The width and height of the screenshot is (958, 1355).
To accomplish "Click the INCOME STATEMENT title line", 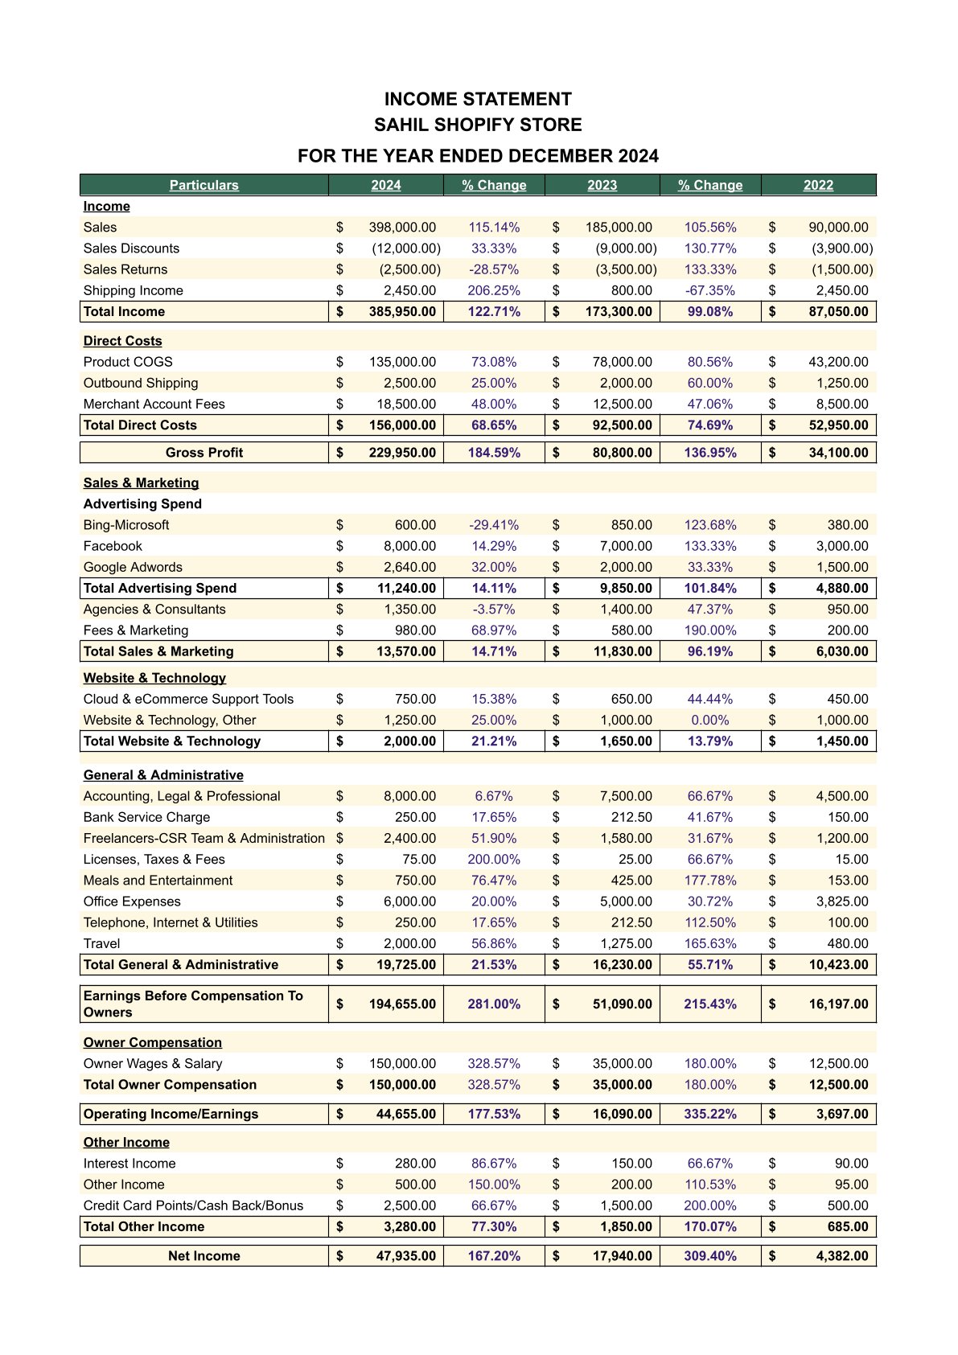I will tap(478, 99).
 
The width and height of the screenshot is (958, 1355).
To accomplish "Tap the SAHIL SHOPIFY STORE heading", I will tap(478, 125).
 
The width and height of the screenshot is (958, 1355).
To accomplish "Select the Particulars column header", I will tap(204, 185).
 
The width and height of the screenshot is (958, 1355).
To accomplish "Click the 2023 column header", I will tap(602, 185).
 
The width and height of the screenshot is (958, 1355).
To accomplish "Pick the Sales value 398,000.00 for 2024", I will tap(402, 228).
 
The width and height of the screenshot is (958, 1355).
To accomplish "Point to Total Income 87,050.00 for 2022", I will tap(838, 312).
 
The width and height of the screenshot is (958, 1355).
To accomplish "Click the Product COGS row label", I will tap(128, 362).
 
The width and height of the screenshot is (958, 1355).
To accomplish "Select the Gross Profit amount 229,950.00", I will tap(402, 453).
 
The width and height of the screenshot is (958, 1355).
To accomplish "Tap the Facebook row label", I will tap(113, 546).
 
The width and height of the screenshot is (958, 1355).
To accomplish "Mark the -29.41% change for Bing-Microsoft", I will tap(494, 525).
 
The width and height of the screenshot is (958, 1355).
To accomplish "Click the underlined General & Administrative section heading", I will tap(163, 775).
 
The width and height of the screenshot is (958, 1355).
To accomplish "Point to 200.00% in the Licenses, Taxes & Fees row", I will tap(494, 860).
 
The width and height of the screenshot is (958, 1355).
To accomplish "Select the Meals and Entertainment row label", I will tap(158, 881).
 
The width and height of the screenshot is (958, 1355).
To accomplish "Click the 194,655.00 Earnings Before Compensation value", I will tap(402, 1004).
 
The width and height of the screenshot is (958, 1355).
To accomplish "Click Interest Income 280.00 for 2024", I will tap(415, 1164).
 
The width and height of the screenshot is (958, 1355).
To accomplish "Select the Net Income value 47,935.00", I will tap(405, 1256).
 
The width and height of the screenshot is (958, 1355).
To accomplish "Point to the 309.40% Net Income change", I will tap(710, 1256).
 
